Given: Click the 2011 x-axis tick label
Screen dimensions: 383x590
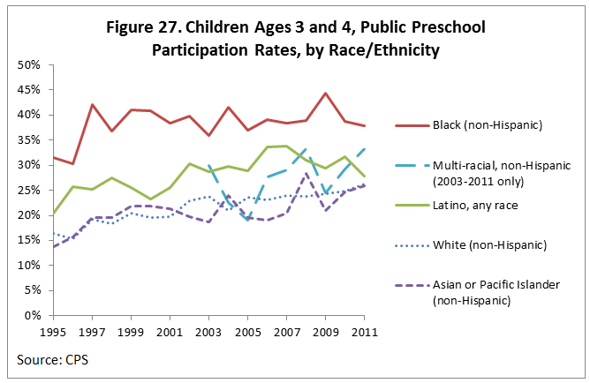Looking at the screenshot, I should click(x=366, y=332).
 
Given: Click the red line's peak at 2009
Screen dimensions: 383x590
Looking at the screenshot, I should click(x=325, y=94).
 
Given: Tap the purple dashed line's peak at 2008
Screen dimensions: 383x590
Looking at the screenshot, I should click(x=305, y=174).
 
